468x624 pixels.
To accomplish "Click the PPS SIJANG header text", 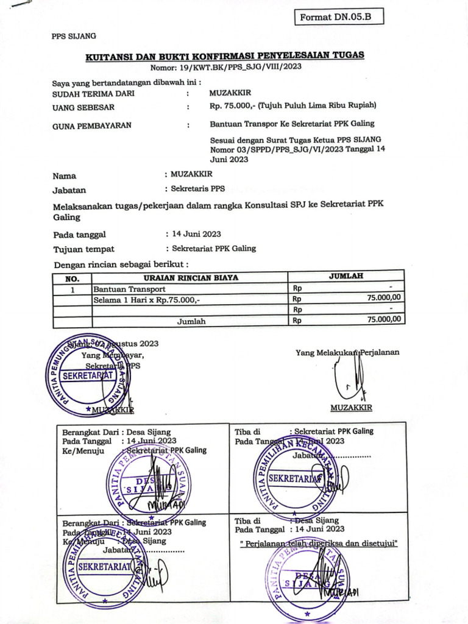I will coord(74,37).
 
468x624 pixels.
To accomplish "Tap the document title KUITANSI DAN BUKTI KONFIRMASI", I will coord(224,55).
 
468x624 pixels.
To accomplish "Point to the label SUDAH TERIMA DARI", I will coord(93,93).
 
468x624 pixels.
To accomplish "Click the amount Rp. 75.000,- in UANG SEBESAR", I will coord(232,106).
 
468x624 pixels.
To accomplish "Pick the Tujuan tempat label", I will coord(84,249).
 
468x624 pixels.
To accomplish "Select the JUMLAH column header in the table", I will coord(346,277).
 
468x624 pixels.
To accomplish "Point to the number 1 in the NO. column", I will coord(72,289).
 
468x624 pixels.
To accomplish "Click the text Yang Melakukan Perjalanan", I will coord(347,352).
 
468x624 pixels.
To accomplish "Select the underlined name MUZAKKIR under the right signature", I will coord(351,408).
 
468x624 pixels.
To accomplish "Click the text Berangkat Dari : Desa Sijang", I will coord(116,431).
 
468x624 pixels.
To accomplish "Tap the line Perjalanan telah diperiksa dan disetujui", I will coord(319,542).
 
